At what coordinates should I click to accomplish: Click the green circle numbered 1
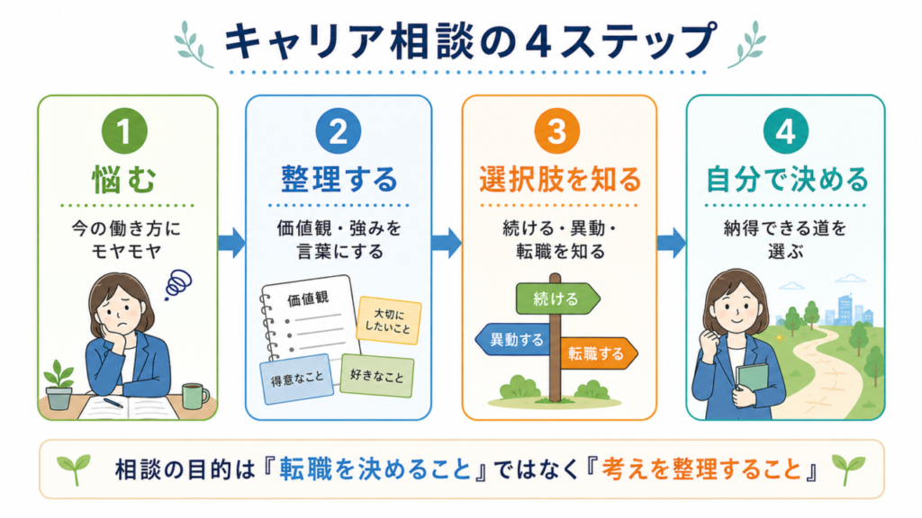(x=124, y=131)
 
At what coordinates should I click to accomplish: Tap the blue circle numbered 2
(x=339, y=131)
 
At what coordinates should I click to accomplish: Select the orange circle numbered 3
(x=556, y=131)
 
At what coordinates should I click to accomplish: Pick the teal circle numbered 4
(x=785, y=131)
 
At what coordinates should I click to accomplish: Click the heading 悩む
(x=124, y=179)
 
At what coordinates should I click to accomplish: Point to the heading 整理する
(x=339, y=179)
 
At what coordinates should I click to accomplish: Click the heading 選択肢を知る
(x=560, y=179)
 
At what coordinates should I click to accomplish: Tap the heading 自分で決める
(x=787, y=179)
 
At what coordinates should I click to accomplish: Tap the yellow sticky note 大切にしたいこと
(x=389, y=320)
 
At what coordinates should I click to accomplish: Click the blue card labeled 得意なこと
(x=297, y=380)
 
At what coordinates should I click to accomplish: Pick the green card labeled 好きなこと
(x=377, y=375)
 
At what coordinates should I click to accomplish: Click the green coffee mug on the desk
(x=195, y=396)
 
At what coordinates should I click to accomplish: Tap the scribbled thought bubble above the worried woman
(x=178, y=284)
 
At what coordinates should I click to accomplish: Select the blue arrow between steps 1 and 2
(x=232, y=243)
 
